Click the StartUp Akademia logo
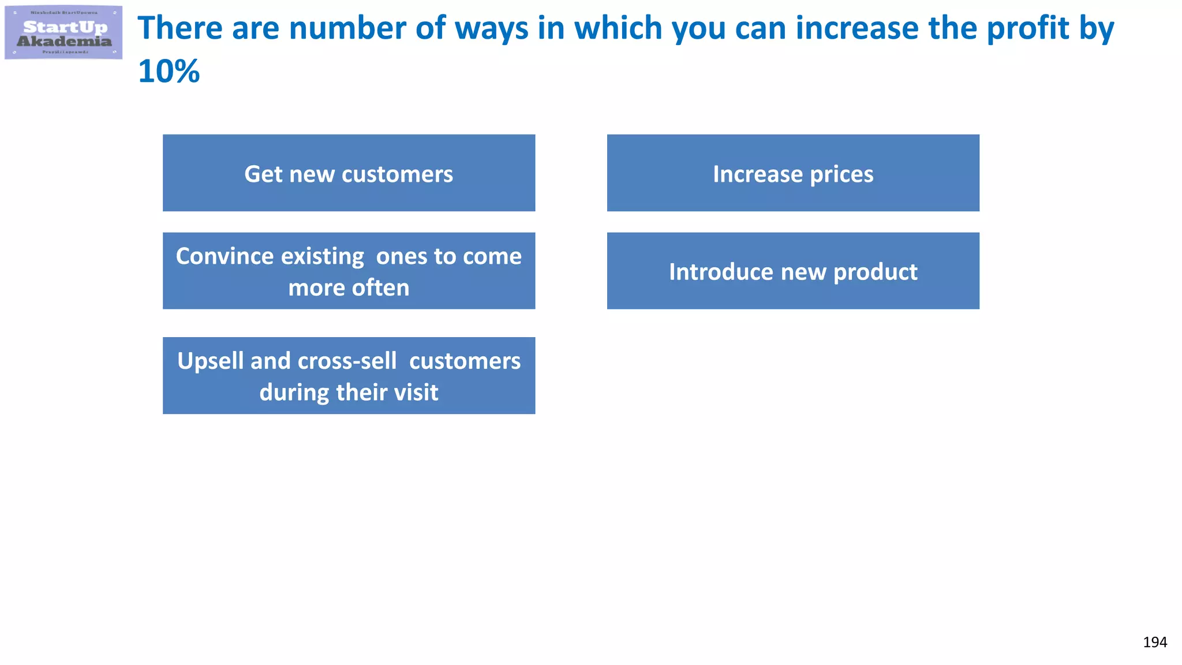pyautogui.click(x=63, y=33)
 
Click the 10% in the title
pyautogui.click(x=169, y=72)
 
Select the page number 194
pyautogui.click(x=1154, y=642)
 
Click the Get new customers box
pyautogui.click(x=349, y=173)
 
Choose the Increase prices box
pyautogui.click(x=793, y=173)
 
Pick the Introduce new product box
pyautogui.click(x=793, y=271)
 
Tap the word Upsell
pyautogui.click(x=210, y=361)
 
